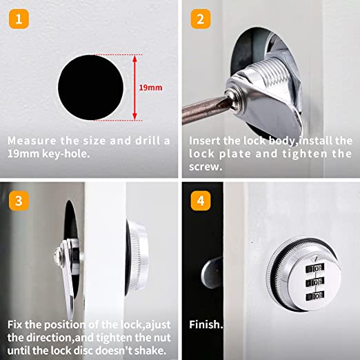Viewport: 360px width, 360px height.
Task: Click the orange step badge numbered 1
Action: (x=20, y=19)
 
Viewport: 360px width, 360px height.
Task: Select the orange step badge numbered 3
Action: (x=20, y=201)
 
